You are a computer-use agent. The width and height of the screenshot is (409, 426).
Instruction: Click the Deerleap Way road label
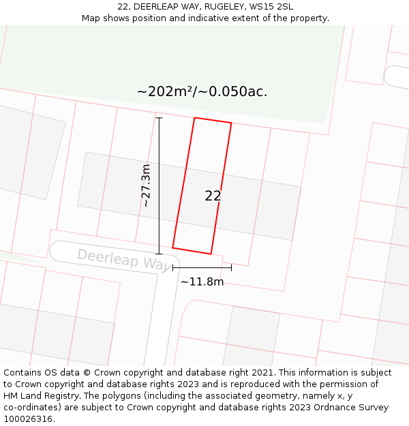(125, 259)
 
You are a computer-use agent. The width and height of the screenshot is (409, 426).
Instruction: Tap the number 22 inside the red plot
(213, 196)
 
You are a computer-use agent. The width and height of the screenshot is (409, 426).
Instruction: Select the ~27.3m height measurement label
(145, 185)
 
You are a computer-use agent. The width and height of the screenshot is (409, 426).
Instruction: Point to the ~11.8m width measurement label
(202, 282)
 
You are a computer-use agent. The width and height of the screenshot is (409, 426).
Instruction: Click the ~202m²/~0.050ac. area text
(202, 92)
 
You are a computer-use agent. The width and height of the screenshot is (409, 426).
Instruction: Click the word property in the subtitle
(307, 18)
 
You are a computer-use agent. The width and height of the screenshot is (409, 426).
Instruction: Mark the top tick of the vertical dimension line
(159, 118)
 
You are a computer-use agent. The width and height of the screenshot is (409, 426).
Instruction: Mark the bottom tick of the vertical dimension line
(159, 254)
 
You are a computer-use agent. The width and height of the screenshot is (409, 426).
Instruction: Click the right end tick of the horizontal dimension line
(231, 268)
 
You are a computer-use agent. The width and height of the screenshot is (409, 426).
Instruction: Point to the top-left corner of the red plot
(195, 118)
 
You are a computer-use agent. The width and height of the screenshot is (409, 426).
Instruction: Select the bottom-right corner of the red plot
(211, 254)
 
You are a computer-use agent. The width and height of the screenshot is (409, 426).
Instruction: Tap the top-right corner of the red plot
(231, 123)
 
